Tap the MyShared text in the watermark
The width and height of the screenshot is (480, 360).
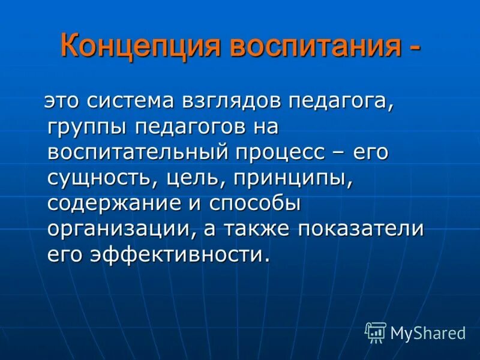[x=428, y=332]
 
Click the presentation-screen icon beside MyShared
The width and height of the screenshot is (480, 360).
[x=376, y=332]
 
